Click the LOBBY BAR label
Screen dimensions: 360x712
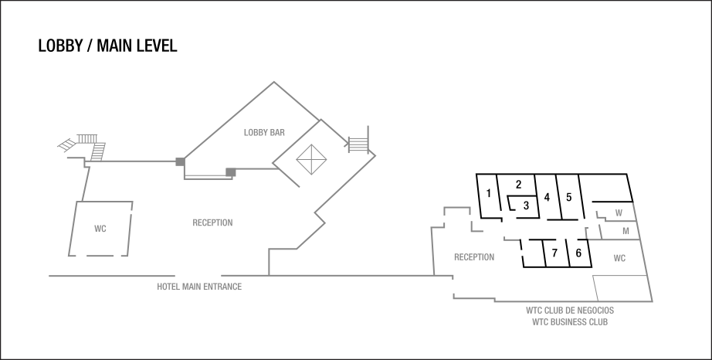[x=264, y=132]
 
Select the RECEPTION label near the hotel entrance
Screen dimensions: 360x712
[x=212, y=223]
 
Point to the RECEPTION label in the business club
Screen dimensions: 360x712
[x=473, y=257]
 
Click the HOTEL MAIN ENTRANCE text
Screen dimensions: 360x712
[x=199, y=287]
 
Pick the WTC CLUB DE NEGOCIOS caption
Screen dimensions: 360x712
[x=570, y=311]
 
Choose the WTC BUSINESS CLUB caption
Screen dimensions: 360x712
[x=570, y=321]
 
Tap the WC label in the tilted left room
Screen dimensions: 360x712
[x=100, y=229]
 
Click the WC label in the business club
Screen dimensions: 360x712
[x=619, y=259]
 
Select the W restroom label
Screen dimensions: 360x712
[x=619, y=212]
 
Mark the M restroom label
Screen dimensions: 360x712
[x=625, y=231]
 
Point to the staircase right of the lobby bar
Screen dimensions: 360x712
[x=358, y=143]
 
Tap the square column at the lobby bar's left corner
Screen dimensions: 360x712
[x=180, y=161]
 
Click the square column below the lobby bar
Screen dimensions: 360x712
[x=230, y=172]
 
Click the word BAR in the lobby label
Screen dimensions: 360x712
[x=277, y=132]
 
